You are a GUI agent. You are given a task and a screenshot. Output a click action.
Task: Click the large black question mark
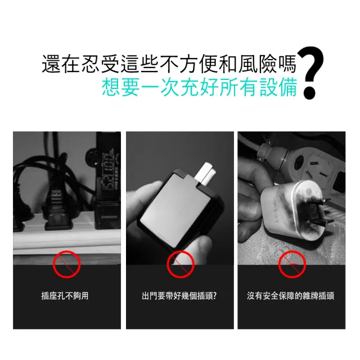313,73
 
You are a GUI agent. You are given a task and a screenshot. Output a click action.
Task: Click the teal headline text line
198,88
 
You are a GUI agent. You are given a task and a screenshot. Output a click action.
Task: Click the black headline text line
168,64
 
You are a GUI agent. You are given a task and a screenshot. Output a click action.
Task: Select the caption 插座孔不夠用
65,295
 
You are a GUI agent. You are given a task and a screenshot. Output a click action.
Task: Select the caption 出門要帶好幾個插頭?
179,295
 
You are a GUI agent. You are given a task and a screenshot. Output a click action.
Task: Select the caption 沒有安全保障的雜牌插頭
291,295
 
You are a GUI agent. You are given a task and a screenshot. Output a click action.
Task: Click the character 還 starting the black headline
51,64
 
